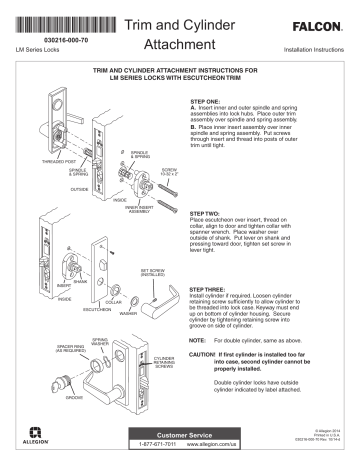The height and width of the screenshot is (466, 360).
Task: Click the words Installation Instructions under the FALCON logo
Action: click(313, 48)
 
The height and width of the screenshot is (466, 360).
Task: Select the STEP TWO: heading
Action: click(207, 214)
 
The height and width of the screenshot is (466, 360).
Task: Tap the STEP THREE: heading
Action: click(209, 288)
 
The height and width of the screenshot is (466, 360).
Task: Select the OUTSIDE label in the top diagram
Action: click(51, 187)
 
